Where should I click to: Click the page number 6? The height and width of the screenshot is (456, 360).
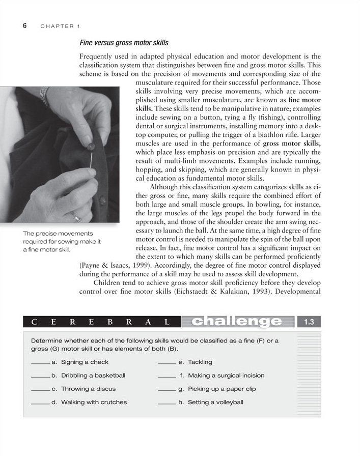(x=24, y=25)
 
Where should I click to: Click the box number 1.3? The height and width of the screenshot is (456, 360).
(x=309, y=322)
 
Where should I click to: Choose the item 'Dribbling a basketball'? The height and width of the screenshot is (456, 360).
(x=93, y=376)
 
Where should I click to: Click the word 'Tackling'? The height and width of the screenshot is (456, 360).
(x=200, y=362)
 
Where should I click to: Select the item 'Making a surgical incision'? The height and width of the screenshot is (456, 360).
(x=226, y=376)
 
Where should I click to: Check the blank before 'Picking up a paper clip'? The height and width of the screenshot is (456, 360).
(x=167, y=390)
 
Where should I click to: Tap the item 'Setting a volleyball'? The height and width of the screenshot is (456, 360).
(x=215, y=402)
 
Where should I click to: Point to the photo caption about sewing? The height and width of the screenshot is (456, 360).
(x=62, y=242)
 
